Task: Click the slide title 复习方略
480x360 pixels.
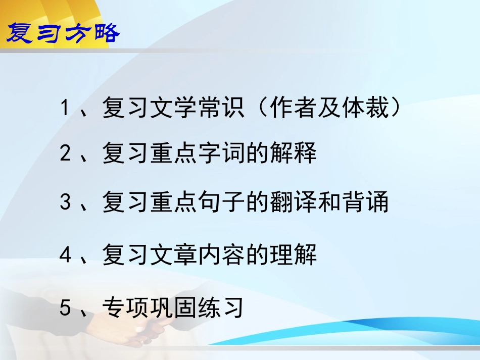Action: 63,33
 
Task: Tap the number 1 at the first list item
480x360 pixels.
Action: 64,108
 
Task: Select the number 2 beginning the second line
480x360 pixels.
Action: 64,153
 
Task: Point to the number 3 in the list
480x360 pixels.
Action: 64,203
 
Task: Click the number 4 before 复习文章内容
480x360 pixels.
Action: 64,255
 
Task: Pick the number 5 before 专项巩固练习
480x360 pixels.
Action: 64,307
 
